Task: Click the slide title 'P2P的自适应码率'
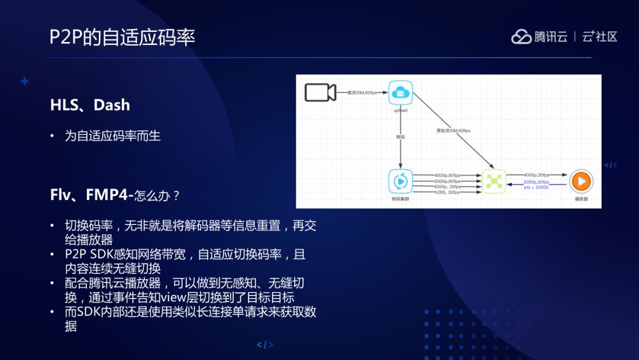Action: [x=122, y=37]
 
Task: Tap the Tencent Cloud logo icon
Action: [x=521, y=37]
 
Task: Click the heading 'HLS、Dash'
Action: [x=90, y=105]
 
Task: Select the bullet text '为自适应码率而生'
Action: [x=112, y=136]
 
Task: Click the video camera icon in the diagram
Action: [x=320, y=92]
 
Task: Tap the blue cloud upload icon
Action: [x=401, y=92]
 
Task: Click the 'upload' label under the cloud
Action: [x=401, y=110]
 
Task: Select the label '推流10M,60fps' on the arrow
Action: [x=362, y=93]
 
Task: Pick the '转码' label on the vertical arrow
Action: [x=401, y=137]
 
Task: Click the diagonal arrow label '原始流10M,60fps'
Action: [x=454, y=130]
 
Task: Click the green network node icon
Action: [x=494, y=181]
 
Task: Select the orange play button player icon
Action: [x=581, y=181]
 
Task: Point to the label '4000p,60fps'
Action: [x=447, y=175]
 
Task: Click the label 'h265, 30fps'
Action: [x=447, y=192]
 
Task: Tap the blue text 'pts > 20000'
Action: [x=536, y=188]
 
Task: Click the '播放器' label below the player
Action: [x=581, y=200]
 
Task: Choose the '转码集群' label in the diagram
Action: [x=401, y=200]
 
